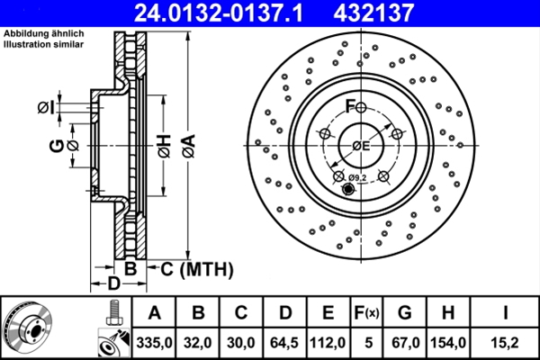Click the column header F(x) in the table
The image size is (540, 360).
[x=366, y=313]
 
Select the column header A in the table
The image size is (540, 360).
[x=154, y=313]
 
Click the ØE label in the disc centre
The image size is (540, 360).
[x=360, y=146]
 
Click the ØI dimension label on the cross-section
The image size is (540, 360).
[x=46, y=107]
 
